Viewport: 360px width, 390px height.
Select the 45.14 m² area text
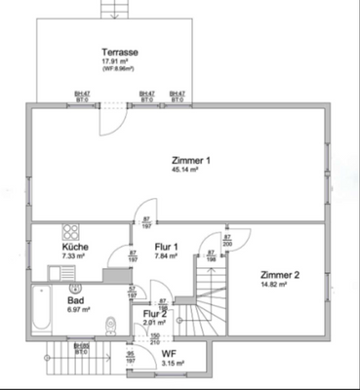(x=184, y=170)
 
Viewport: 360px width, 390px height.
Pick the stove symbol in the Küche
(x=71, y=233)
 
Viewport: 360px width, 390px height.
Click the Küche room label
(x=75, y=248)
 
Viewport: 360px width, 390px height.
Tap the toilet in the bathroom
(x=114, y=327)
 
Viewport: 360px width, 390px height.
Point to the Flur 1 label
(x=169, y=248)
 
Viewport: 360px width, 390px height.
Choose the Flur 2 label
(x=155, y=313)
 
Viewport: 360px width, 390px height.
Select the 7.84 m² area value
(x=169, y=257)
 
